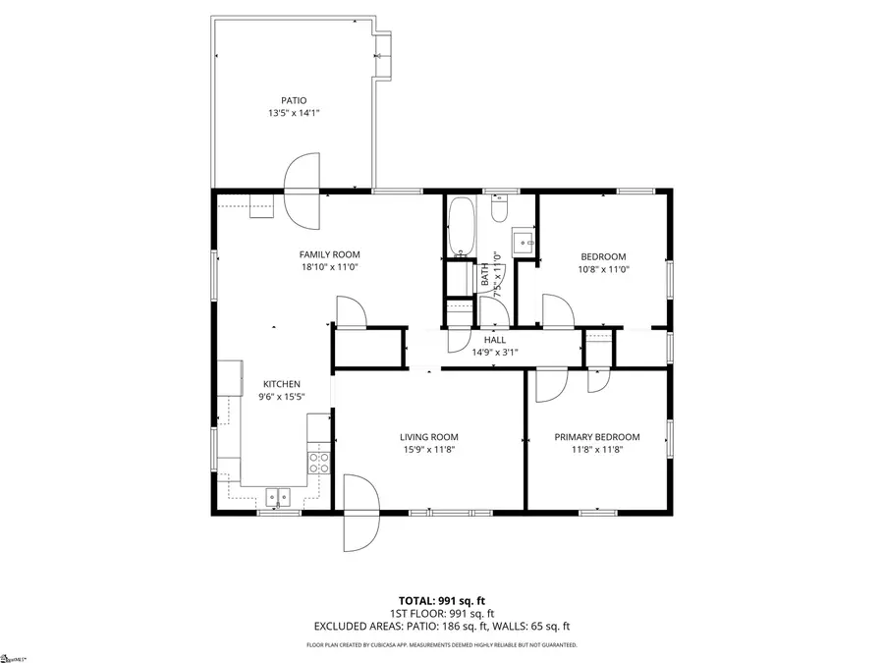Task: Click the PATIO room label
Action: [x=294, y=100]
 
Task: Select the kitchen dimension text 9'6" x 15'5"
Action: [x=281, y=397]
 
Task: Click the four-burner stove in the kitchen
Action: [x=319, y=462]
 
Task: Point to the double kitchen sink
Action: [x=279, y=497]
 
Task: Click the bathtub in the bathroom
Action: [x=461, y=226]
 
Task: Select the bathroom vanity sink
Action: [x=525, y=242]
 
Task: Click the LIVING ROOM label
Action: [x=428, y=437]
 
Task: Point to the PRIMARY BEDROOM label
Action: [x=597, y=437]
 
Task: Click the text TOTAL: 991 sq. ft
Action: [x=441, y=599]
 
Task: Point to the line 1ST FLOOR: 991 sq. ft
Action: [x=441, y=612]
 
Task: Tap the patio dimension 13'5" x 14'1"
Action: [x=294, y=113]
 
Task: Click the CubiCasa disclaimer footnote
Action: [x=441, y=645]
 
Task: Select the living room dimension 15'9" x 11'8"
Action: [x=428, y=450]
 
